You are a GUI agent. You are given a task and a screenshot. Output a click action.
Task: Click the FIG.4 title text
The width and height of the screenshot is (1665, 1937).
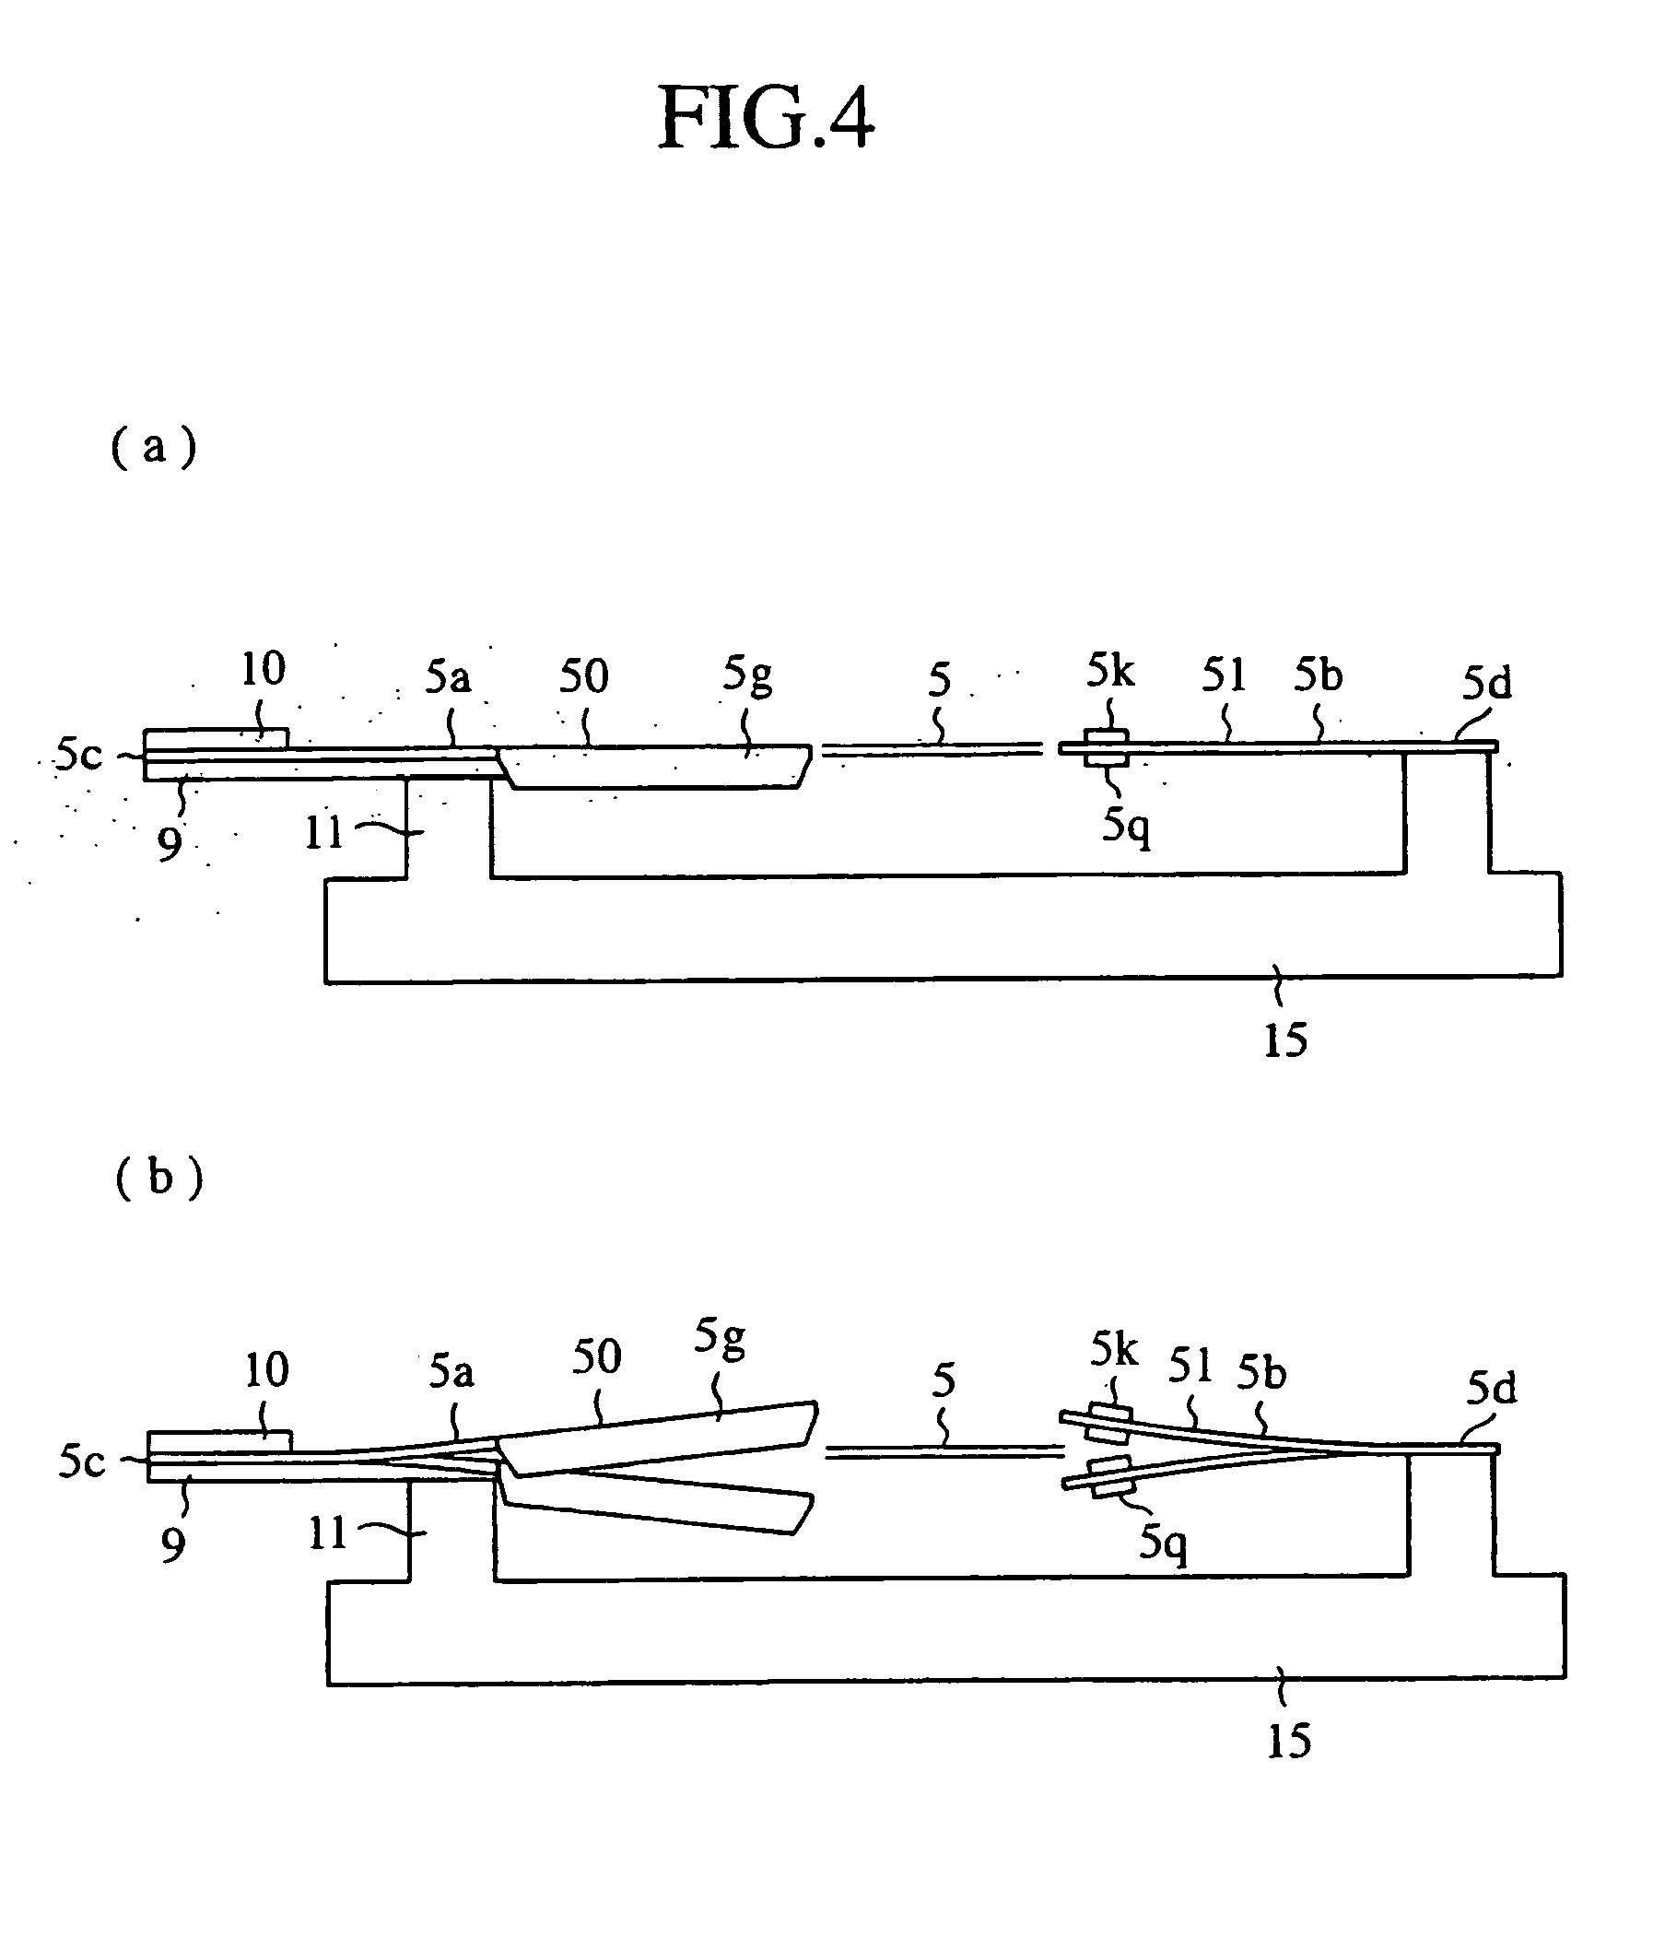point(766,119)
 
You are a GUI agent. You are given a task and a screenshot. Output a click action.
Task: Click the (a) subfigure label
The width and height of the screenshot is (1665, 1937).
point(154,447)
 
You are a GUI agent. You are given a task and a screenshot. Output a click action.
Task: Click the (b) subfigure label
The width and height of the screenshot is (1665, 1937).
point(158,1177)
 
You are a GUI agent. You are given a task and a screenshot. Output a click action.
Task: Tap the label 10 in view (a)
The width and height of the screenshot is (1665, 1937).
point(263,669)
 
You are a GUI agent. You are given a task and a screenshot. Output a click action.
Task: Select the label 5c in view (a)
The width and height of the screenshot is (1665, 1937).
point(78,755)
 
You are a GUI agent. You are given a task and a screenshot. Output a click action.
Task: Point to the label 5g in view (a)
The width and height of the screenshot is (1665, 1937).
point(747,675)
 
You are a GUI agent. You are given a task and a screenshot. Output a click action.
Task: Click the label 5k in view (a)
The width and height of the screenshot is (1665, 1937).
point(1109,670)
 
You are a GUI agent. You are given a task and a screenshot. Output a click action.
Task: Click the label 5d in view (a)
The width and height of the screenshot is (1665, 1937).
point(1486,684)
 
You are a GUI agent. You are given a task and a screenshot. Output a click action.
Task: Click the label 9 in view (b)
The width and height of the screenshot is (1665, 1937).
point(172,1545)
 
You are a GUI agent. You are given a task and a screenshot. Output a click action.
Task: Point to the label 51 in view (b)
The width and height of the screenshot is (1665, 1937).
point(1190,1367)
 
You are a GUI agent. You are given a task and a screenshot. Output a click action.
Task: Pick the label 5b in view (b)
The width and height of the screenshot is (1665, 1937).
point(1262,1372)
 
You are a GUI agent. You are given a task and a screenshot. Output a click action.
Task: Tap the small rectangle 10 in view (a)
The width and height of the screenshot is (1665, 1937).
point(215,738)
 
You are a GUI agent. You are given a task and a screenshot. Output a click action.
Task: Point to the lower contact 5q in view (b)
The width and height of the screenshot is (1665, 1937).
point(1110,1478)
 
